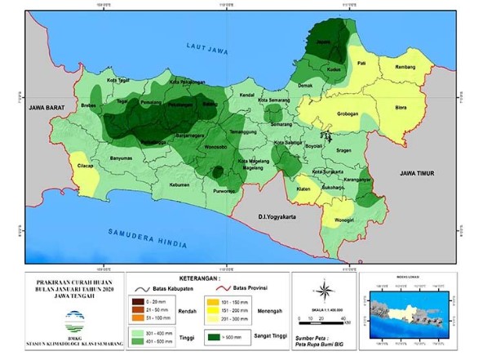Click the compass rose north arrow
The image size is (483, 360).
pyautogui.click(x=324, y=291)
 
